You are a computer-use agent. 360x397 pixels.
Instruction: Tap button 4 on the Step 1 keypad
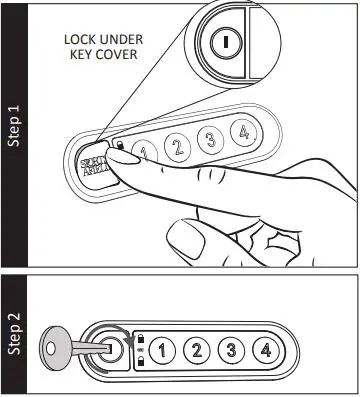(x=240, y=132)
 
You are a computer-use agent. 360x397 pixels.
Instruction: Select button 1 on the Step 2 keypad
(x=166, y=350)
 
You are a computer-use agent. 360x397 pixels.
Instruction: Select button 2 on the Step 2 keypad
(x=198, y=350)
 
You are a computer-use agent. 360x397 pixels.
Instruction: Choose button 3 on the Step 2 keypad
(x=230, y=350)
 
